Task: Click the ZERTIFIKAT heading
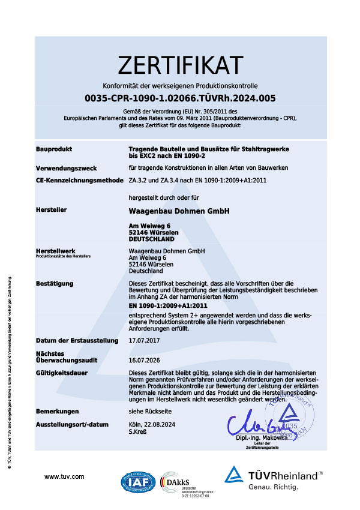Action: tap(180, 64)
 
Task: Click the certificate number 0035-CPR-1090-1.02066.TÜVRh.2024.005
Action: tap(180, 97)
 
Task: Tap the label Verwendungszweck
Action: tap(66, 168)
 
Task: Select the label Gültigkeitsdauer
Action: tap(62, 373)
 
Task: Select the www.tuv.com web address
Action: tap(64, 476)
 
